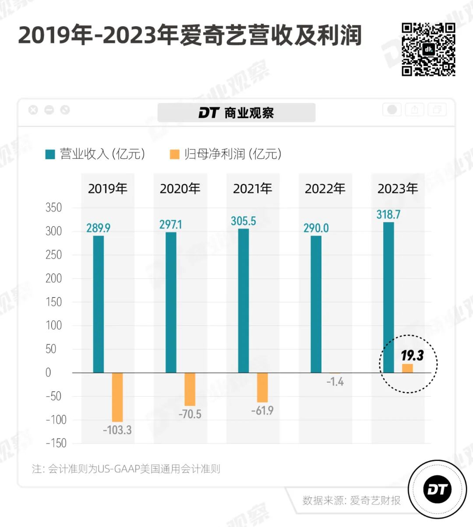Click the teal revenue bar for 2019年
coord(99,304)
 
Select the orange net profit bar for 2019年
coord(117,397)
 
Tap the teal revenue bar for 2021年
coord(244,301)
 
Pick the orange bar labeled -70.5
coord(190,389)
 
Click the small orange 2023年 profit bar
coord(407,368)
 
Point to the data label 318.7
coord(388,214)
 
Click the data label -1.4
coord(335,382)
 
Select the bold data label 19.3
coord(412,355)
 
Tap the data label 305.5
coord(244,221)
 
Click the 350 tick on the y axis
coord(54,207)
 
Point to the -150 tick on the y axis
coord(56,443)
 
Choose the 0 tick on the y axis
coord(48,372)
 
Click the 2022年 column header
coord(325,189)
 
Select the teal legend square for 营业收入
coord(50,154)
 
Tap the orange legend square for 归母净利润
coord(174,154)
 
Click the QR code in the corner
coord(428,49)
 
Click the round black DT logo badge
coord(437,489)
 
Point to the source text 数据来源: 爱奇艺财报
coord(351,500)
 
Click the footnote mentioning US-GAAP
coord(126,469)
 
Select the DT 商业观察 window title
coord(236,113)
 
